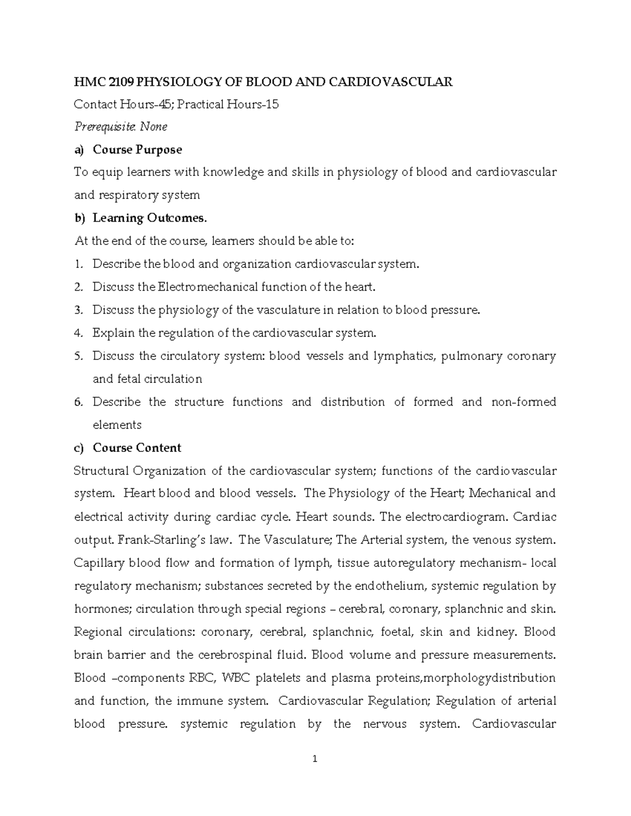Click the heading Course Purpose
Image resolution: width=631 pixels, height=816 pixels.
click(x=137, y=150)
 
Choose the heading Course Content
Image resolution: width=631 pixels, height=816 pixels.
click(x=137, y=448)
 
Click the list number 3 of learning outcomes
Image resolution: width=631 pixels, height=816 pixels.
click(x=78, y=310)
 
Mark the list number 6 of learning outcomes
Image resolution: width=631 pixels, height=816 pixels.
click(x=78, y=402)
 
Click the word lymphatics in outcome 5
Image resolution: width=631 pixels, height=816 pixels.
click(x=404, y=356)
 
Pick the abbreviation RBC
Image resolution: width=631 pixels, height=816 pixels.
click(x=202, y=678)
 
